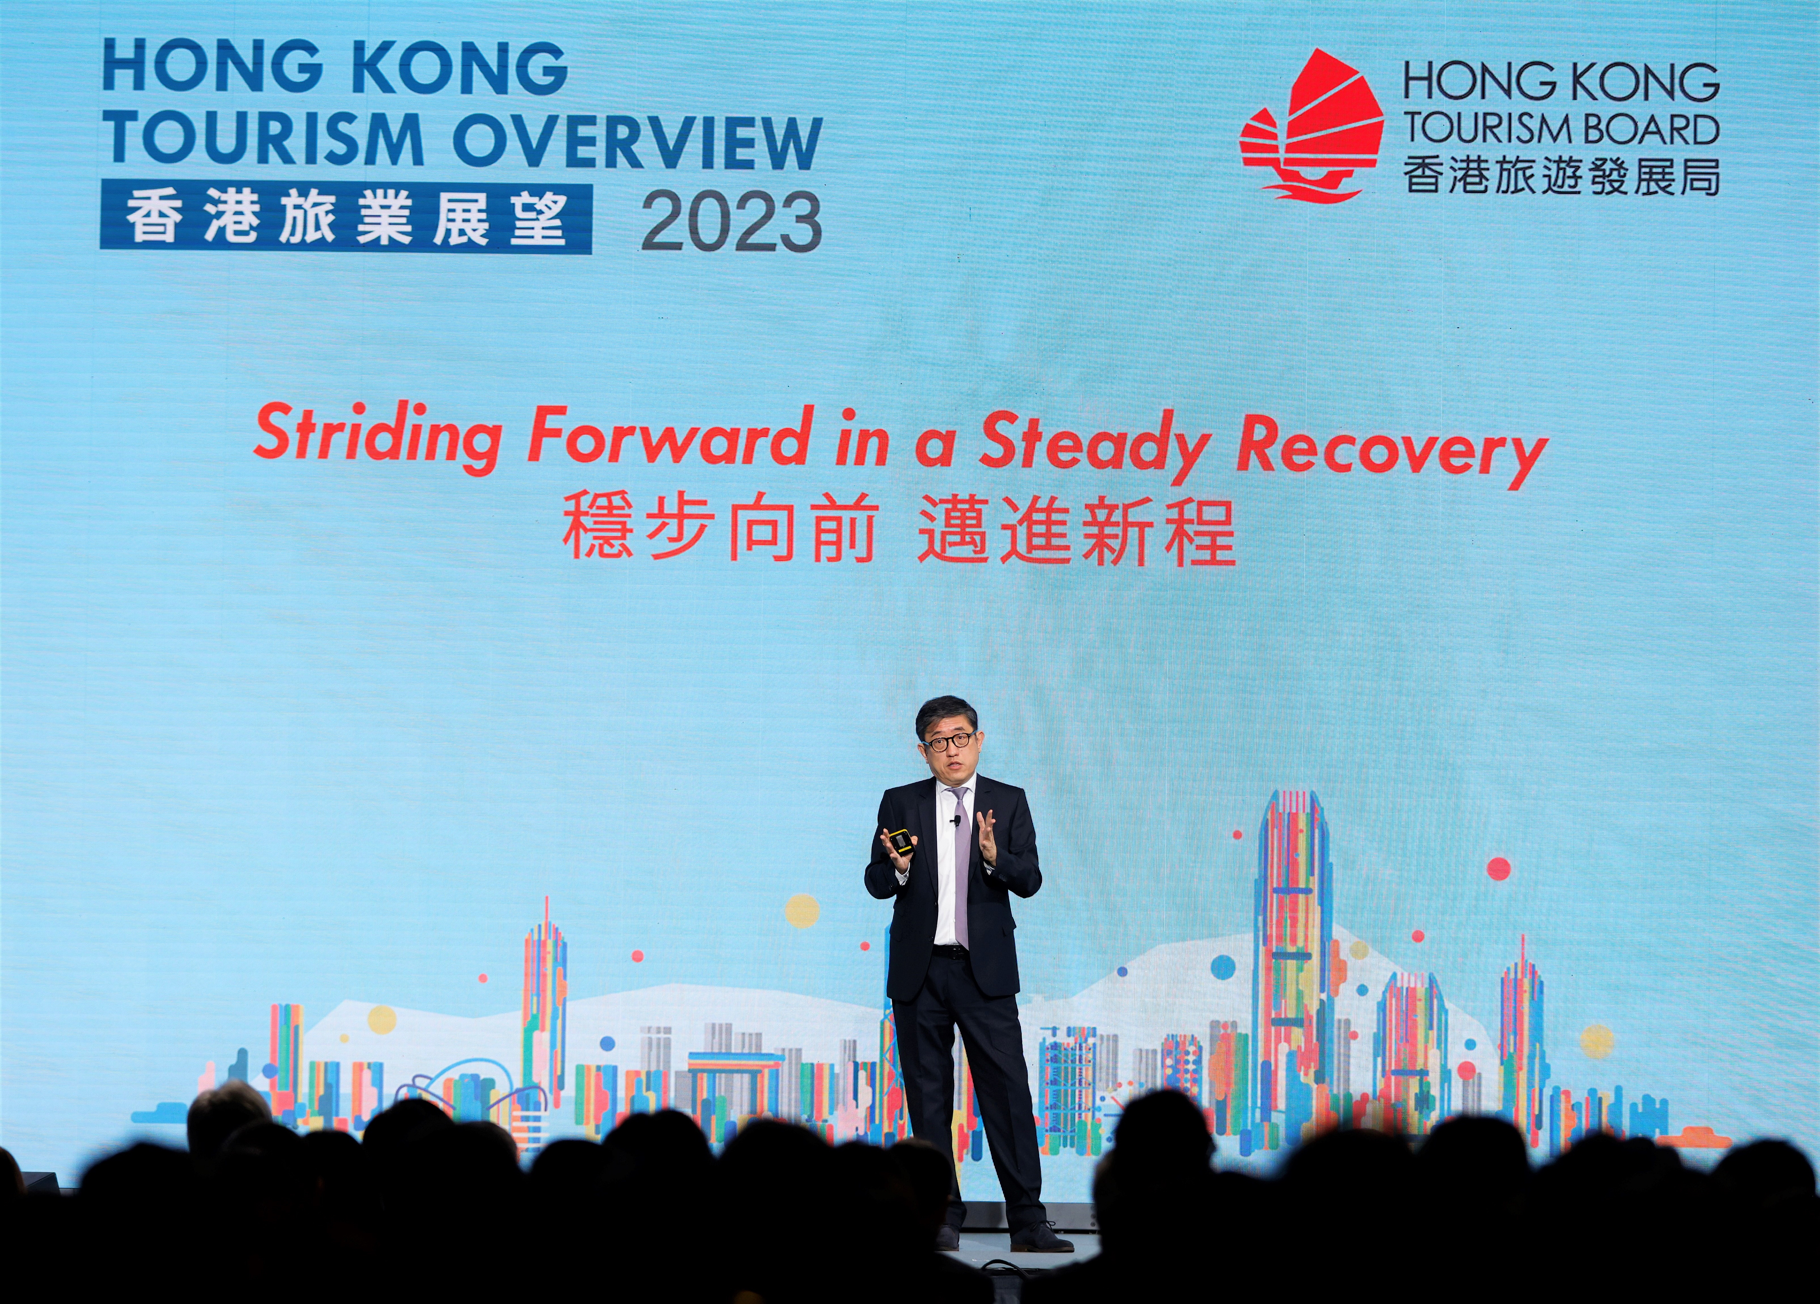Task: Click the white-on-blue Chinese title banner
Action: (346, 219)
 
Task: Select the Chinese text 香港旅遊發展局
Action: (1561, 175)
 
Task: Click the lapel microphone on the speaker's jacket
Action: (956, 820)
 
